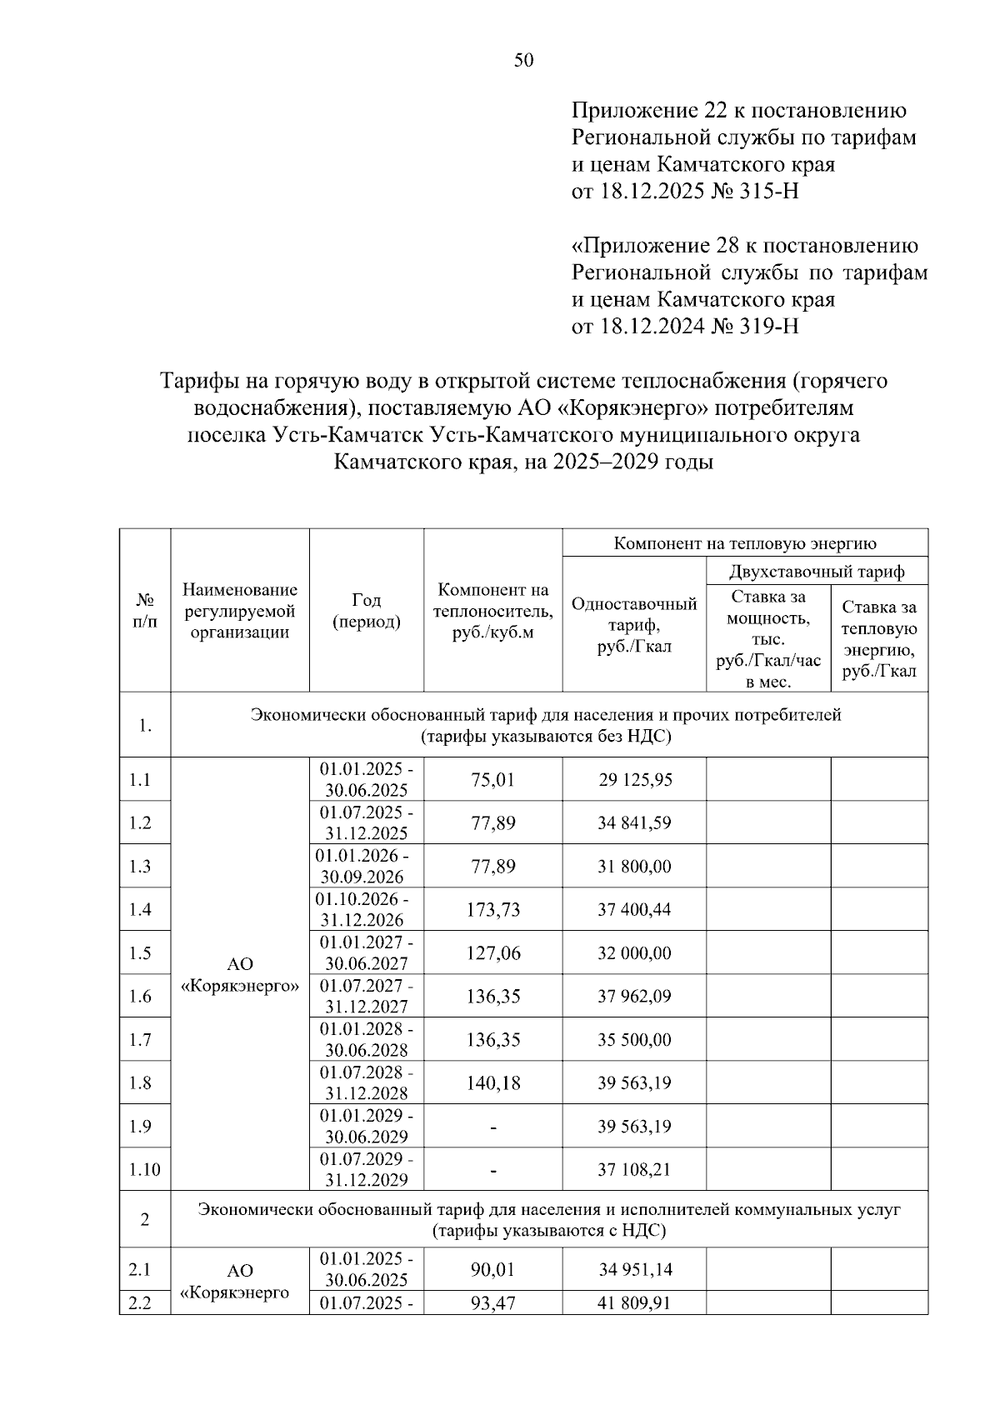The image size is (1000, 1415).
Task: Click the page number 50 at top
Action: tap(523, 60)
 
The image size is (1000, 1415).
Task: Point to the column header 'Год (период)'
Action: tap(366, 611)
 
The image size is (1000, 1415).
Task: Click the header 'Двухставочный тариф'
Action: tap(816, 572)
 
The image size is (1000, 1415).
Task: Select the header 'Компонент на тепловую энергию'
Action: tap(745, 543)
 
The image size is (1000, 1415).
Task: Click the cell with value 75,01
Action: tap(492, 780)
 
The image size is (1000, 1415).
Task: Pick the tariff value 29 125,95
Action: tap(634, 780)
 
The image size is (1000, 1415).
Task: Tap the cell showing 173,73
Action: tap(492, 910)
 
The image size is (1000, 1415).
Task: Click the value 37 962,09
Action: tap(634, 997)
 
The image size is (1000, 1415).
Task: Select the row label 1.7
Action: tap(140, 1040)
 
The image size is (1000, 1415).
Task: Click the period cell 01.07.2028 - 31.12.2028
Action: tap(366, 1082)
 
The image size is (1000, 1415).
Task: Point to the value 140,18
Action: tap(492, 1083)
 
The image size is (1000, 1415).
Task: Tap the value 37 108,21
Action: tap(634, 1170)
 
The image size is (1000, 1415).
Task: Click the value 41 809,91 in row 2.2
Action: tap(634, 1303)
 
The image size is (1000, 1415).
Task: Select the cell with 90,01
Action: tap(492, 1270)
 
